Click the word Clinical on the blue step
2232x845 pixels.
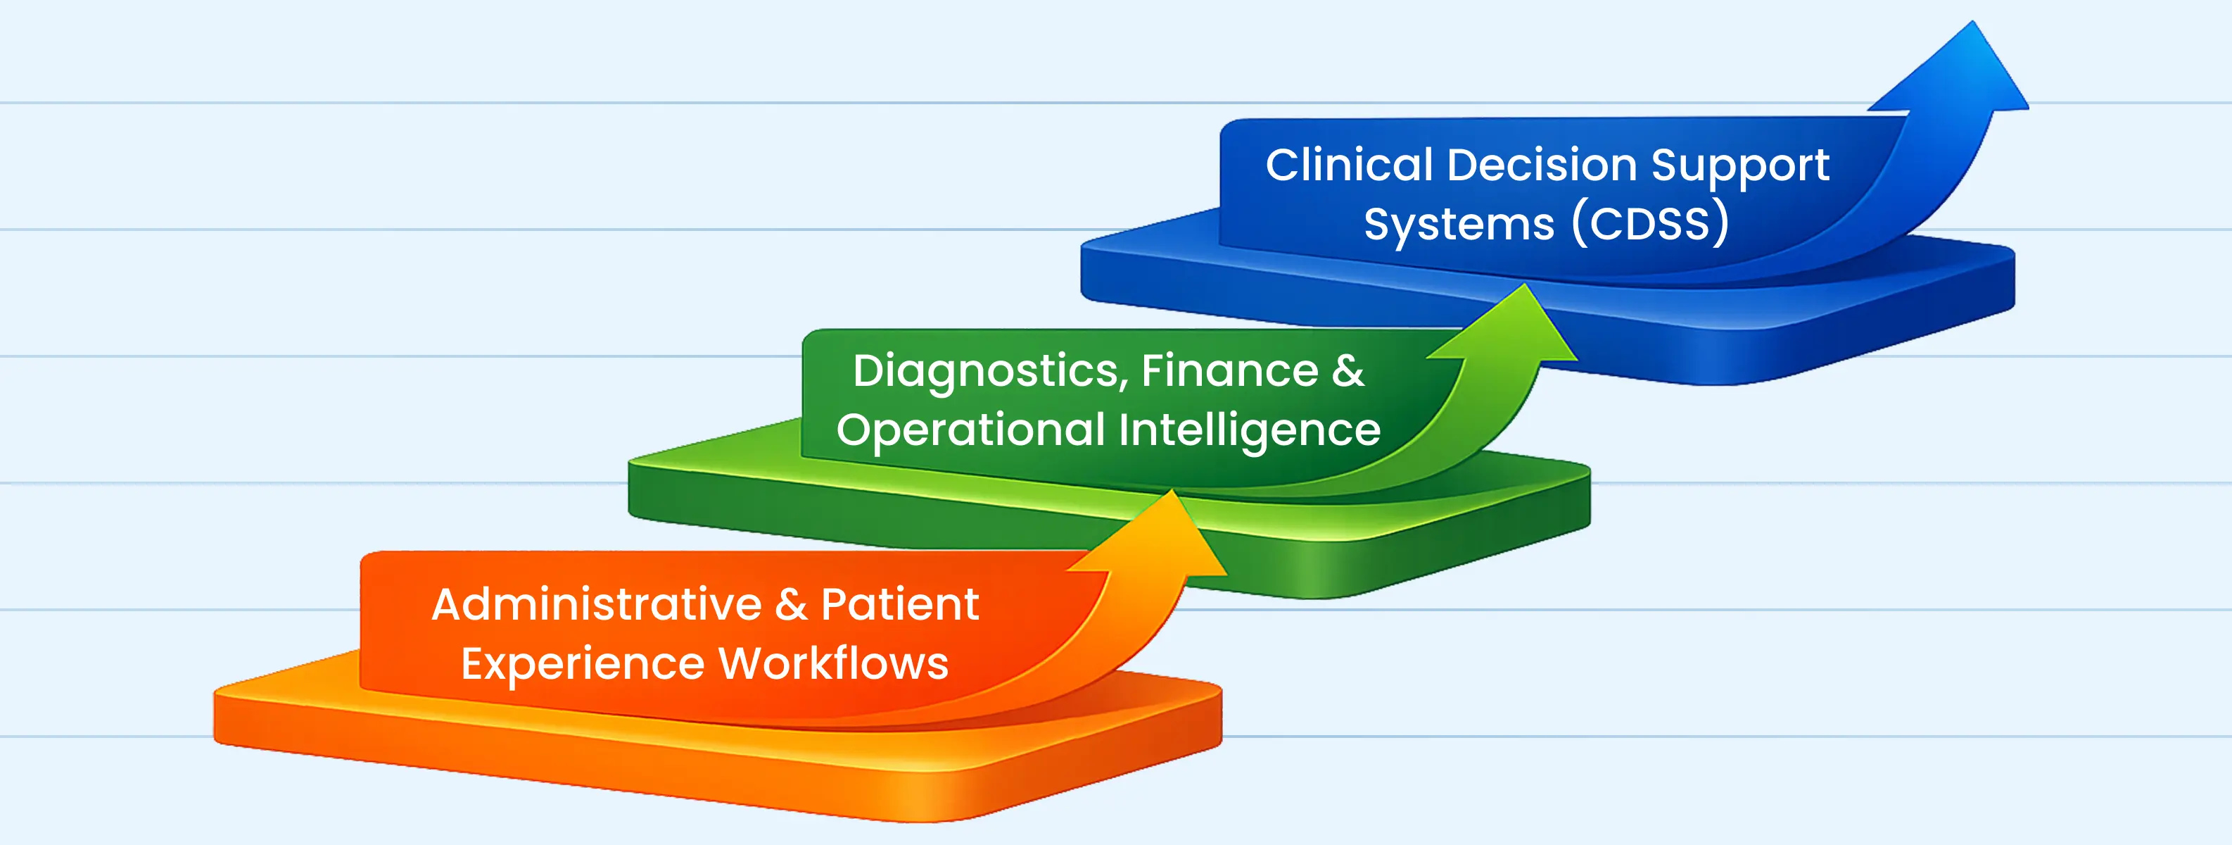click(x=1349, y=165)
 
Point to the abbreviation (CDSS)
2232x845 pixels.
click(x=1650, y=224)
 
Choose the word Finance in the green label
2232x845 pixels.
click(x=1229, y=371)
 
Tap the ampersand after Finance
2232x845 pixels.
click(x=1348, y=371)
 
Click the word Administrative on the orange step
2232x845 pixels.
click(x=597, y=604)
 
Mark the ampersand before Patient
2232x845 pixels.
click(x=791, y=604)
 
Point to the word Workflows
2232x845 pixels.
click(x=834, y=664)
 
